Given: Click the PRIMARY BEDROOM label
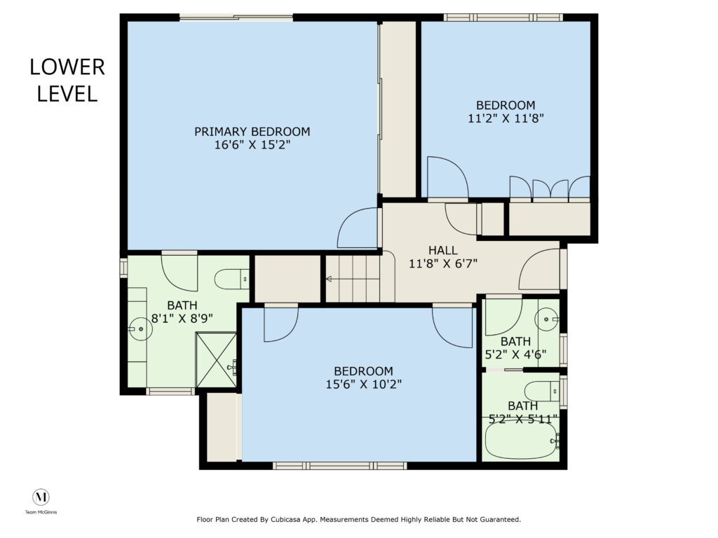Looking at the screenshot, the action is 252,132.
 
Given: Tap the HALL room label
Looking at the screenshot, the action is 443,250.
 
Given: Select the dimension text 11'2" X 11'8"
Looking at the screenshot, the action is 506,118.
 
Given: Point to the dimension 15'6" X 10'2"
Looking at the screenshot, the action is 364,385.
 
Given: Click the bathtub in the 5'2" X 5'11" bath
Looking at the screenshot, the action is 522,439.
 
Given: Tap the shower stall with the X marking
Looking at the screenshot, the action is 216,361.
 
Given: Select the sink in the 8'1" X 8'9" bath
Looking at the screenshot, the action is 140,329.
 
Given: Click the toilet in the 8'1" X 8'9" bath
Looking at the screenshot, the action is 231,279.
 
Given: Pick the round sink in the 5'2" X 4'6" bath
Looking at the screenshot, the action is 548,319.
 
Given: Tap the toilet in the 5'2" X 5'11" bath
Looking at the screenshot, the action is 542,392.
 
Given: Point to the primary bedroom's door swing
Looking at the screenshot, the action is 357,228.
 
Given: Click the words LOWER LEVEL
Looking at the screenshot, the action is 67,81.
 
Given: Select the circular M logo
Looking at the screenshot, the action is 41,497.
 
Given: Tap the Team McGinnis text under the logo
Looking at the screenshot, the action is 41,512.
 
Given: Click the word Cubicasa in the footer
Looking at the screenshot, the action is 286,520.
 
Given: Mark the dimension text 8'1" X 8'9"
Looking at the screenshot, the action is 182,319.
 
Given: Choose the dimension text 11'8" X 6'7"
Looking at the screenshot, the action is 443,263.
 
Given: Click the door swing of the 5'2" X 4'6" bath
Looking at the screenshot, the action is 503,317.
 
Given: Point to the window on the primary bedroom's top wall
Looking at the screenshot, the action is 236,18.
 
